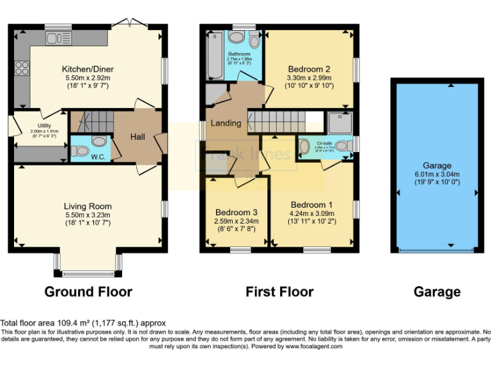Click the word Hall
[x=138, y=137]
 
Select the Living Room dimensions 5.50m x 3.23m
[x=87, y=215]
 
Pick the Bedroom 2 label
[x=309, y=69]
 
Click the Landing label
[x=226, y=123]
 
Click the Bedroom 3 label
[x=236, y=212]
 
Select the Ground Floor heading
[x=88, y=292]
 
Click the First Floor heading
[x=279, y=292]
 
